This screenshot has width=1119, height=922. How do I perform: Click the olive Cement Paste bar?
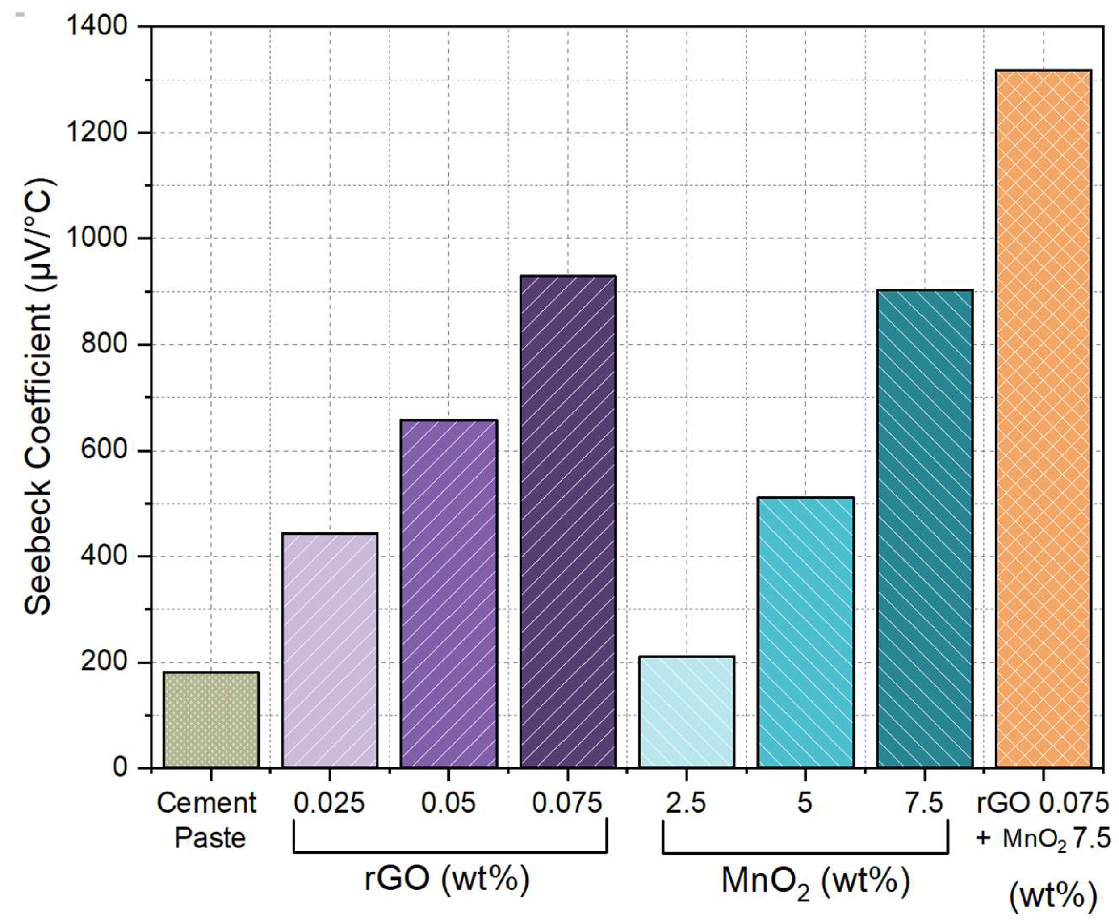coord(211,720)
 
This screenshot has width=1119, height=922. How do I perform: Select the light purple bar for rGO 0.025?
coord(330,650)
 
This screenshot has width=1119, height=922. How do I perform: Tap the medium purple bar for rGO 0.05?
coord(449,594)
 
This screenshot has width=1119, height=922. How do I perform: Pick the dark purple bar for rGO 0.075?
coord(568,522)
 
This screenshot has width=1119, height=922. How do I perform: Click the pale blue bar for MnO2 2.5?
coord(687,712)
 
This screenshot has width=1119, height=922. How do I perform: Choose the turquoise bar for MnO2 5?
coord(806,632)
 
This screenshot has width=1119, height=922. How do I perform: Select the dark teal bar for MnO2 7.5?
coord(925,528)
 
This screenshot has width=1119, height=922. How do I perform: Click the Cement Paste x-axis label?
coord(207,820)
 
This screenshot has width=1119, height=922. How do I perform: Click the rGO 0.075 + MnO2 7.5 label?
coord(1043,820)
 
